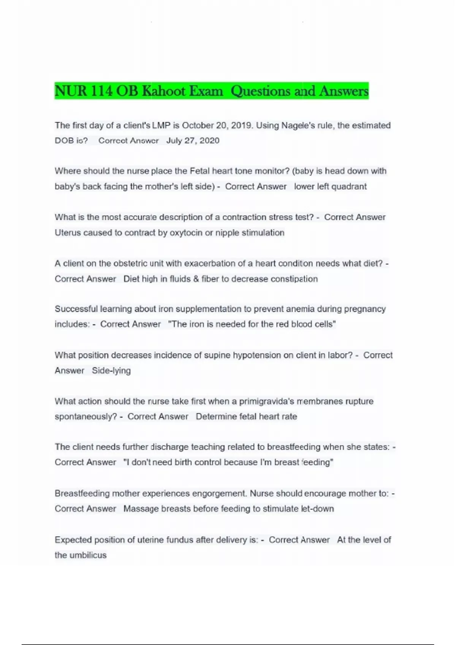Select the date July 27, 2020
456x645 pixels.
tap(193, 140)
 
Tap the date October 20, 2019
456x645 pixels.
tap(217, 125)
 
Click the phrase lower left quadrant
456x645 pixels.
tap(330, 186)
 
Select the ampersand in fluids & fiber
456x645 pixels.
tap(196, 279)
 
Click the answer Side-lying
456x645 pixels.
tap(111, 370)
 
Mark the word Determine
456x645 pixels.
tap(216, 416)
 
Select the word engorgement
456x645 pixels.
tap(219, 493)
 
